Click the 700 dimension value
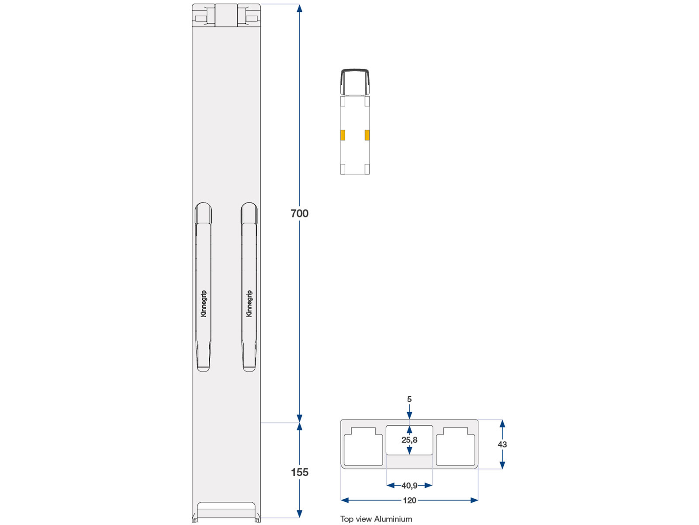click(299, 213)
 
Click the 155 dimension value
click(299, 472)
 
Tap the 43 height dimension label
click(502, 444)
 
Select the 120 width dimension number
click(409, 500)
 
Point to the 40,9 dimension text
click(409, 486)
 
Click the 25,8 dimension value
click(409, 440)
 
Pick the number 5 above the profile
click(409, 399)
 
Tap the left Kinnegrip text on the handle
click(204, 304)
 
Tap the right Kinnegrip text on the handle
click(249, 304)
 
